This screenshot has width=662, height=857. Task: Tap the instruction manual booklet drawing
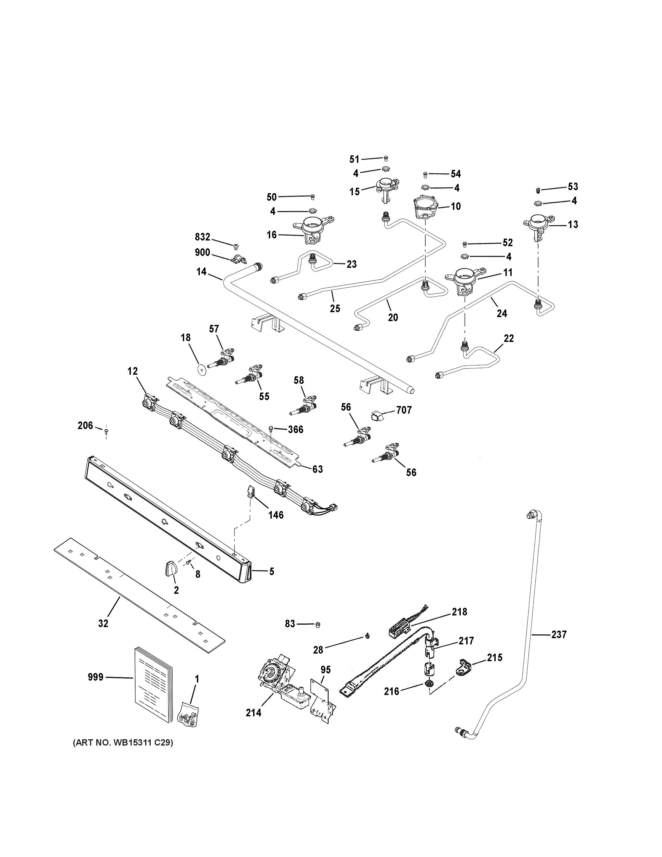153,684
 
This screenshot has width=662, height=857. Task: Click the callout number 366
295,430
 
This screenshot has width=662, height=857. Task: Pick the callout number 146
276,515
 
